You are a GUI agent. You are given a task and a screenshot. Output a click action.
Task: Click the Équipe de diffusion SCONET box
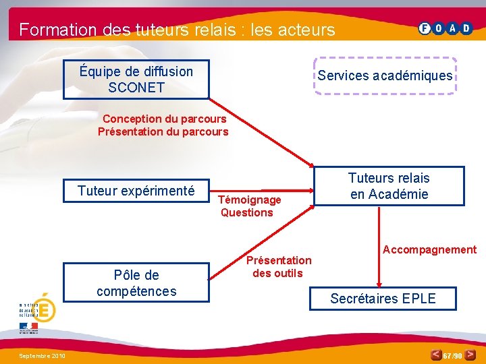[x=136, y=80]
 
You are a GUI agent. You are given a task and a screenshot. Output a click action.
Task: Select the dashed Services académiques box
[x=385, y=75]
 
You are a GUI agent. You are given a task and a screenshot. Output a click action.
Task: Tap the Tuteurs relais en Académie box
[x=389, y=186]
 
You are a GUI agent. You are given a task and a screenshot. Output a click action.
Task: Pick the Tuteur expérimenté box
[x=136, y=191]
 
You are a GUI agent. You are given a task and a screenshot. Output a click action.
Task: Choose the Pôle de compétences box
[x=136, y=283]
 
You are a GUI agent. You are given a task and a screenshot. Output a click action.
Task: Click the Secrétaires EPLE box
[x=383, y=298]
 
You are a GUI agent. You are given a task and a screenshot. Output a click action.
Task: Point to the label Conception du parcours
[x=164, y=119]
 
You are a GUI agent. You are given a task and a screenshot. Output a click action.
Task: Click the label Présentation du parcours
[x=163, y=131]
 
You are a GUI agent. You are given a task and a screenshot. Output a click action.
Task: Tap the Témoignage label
[x=250, y=200]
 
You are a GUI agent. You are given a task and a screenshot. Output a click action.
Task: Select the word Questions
[x=246, y=212]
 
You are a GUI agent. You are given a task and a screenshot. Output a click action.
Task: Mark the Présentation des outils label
[x=278, y=266]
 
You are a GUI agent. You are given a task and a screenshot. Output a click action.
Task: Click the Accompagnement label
[x=429, y=249]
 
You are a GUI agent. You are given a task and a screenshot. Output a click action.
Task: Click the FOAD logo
[x=446, y=28]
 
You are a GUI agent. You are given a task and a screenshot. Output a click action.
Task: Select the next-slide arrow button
[x=470, y=354]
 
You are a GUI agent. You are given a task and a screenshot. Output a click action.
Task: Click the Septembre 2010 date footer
[x=42, y=355]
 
